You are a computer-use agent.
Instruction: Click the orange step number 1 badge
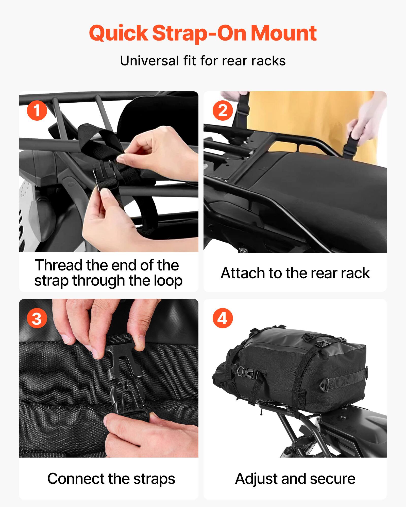point(37,111)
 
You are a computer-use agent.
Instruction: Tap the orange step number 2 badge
point(223,111)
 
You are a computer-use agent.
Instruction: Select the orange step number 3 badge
point(37,318)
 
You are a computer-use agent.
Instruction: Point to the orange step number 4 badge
point(223,318)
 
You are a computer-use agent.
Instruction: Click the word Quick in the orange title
point(119,33)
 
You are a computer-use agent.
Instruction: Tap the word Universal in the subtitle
point(149,61)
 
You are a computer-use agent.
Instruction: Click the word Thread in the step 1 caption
point(59,265)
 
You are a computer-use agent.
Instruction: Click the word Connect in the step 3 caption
point(75,479)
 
